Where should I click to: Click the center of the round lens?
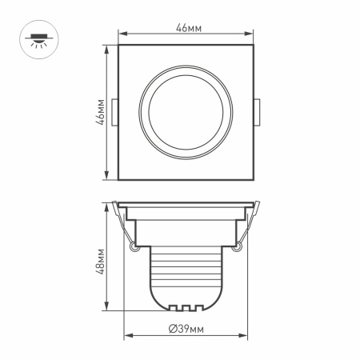[x=186, y=113]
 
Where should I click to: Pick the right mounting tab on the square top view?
[x=257, y=113]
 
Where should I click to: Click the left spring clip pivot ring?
[x=133, y=248]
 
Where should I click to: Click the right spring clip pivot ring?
[x=238, y=248]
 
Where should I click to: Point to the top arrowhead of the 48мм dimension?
[x=107, y=206]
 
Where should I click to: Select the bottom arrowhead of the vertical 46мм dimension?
[x=107, y=178]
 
